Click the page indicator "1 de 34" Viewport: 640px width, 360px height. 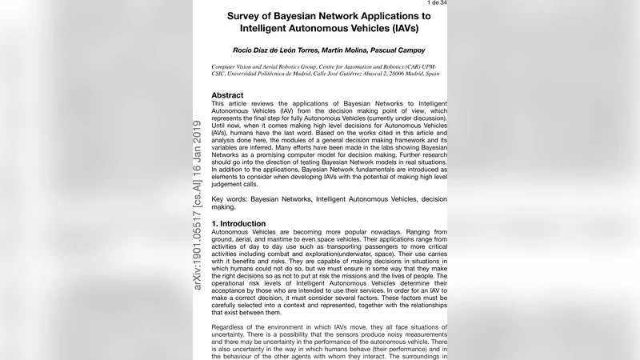(435, 3)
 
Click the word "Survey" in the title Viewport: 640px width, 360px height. (250, 16)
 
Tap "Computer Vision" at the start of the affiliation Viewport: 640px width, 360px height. (233, 67)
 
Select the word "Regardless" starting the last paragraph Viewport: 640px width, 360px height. (231, 327)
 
